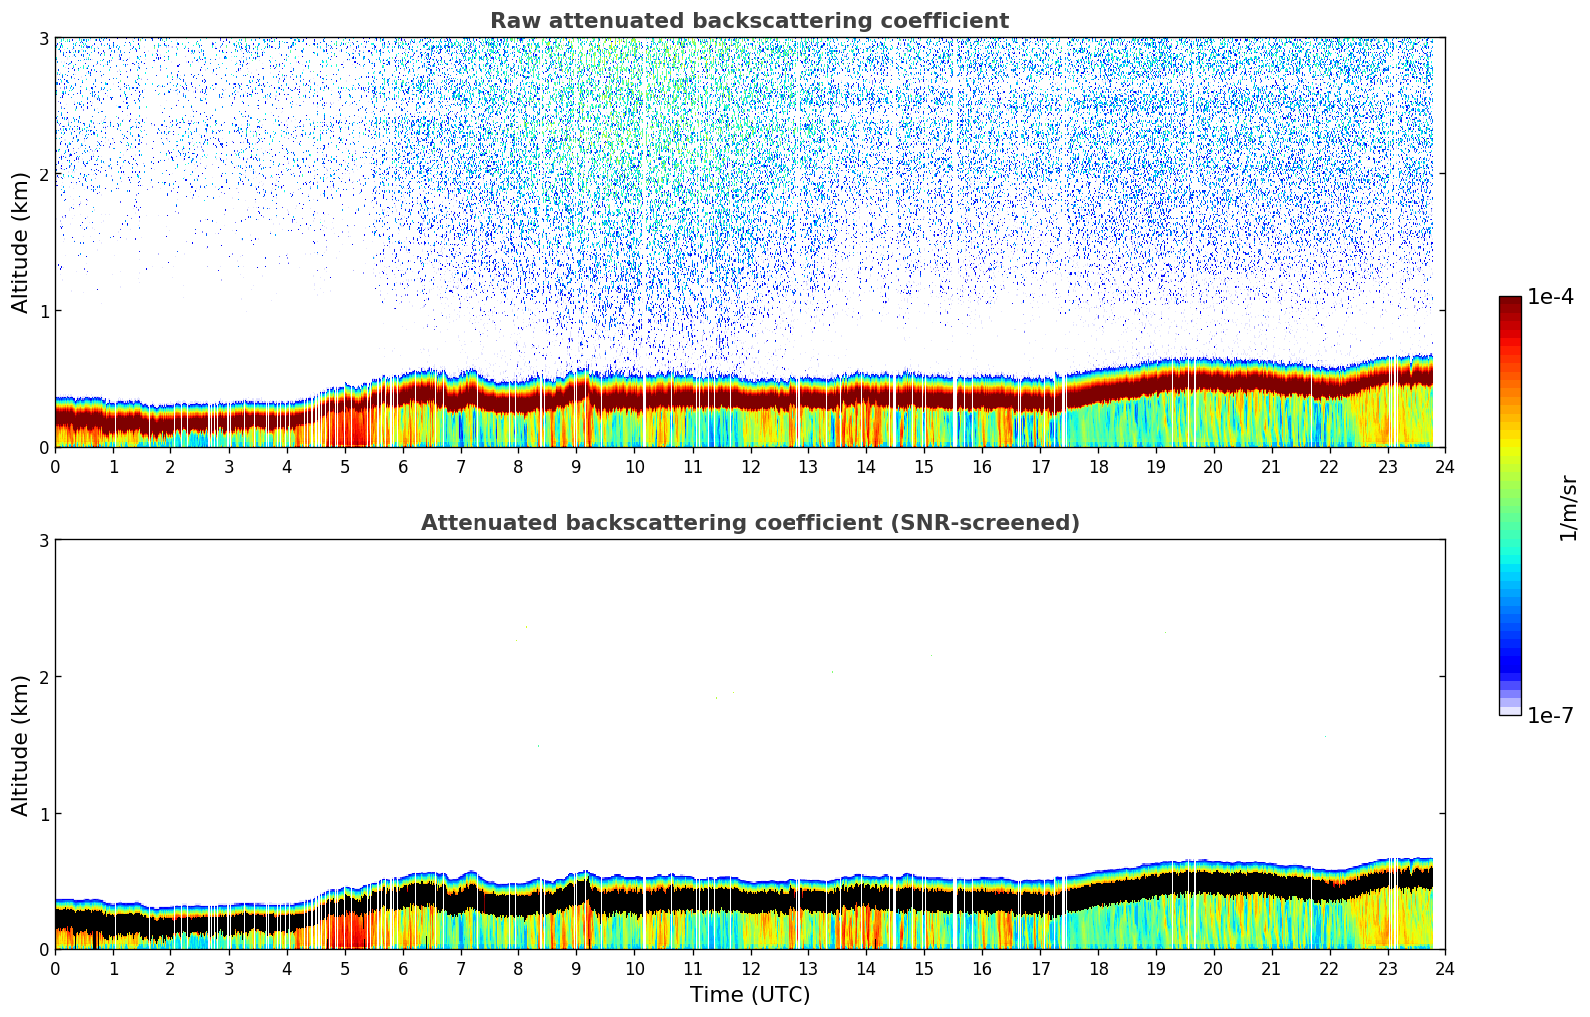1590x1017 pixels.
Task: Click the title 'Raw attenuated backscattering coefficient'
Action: (750, 21)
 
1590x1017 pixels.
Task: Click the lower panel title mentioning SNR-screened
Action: (750, 523)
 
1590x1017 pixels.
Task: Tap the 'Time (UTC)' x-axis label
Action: (750, 995)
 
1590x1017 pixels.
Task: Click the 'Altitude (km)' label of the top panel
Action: (21, 242)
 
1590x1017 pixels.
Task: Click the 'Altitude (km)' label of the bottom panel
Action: (21, 745)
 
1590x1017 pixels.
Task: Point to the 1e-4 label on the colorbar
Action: (1550, 297)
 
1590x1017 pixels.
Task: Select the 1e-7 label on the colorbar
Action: (1550, 716)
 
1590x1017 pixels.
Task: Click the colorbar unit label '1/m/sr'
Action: (1568, 508)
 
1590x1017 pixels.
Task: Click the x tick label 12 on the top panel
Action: (750, 466)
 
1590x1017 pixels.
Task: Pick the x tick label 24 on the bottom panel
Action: (1445, 968)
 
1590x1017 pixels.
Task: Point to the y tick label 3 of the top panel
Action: (44, 39)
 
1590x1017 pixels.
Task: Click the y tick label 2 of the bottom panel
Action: (44, 677)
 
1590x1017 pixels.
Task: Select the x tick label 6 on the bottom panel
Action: (403, 968)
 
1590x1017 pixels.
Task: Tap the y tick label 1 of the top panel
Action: (44, 311)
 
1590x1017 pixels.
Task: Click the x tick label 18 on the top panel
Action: (1098, 466)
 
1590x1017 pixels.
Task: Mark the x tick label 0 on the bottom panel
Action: (55, 968)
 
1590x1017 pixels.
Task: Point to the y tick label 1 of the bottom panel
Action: (44, 814)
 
